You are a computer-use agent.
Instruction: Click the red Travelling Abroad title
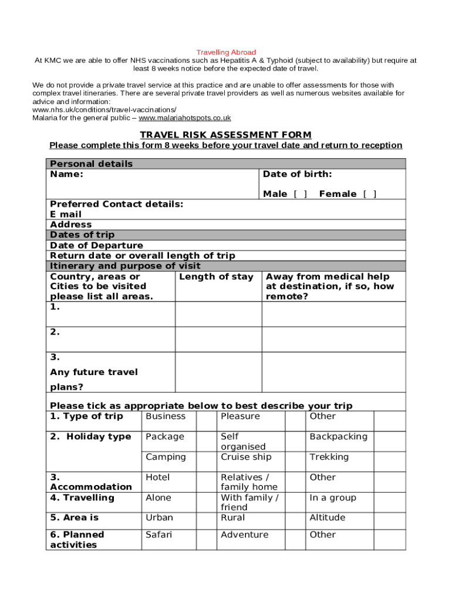226,52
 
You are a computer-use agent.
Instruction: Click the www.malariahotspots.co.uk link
184,118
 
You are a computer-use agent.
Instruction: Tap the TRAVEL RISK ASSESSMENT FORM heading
225,135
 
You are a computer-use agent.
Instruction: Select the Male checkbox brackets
300,194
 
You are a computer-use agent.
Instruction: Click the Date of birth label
297,174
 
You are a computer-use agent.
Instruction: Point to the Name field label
66,174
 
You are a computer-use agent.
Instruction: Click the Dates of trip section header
82,235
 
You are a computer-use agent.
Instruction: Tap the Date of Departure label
96,245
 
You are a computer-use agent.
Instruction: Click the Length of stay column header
216,276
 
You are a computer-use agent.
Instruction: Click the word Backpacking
338,436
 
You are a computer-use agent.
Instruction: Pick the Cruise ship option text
246,457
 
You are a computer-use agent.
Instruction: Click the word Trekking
329,457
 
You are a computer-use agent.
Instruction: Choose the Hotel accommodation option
157,477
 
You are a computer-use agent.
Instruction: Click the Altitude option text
327,517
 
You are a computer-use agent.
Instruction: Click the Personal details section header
91,163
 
